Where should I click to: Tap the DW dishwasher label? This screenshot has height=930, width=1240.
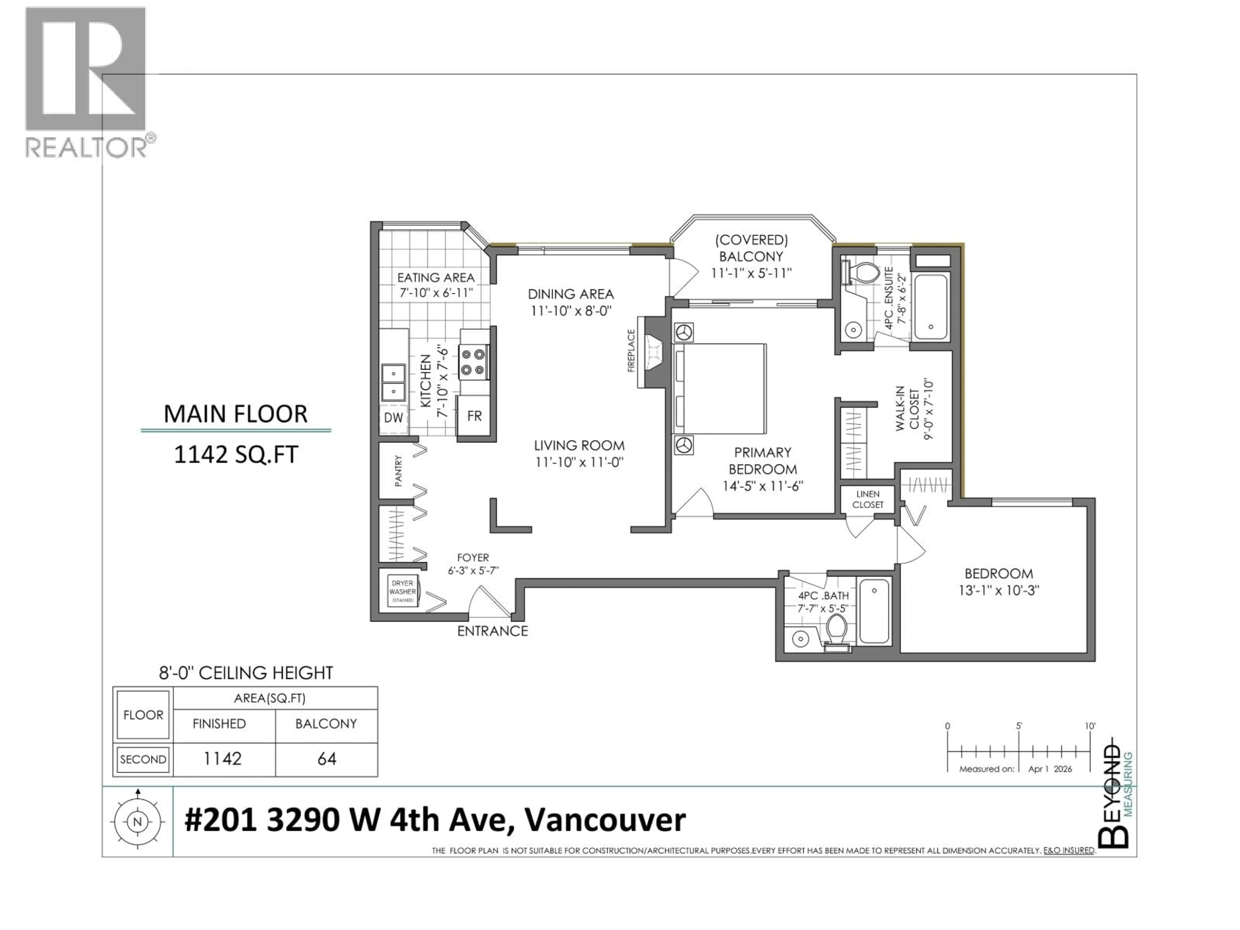(394, 417)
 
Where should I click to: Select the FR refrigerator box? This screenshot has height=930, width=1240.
(474, 416)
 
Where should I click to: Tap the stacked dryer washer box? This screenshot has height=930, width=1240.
(402, 591)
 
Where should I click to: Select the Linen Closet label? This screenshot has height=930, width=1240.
(867, 499)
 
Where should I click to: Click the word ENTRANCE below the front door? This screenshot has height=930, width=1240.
(492, 631)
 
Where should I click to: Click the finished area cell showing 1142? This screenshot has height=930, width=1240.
(222, 759)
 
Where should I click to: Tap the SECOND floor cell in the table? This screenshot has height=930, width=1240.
(143, 759)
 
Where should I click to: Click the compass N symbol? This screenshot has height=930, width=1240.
(137, 822)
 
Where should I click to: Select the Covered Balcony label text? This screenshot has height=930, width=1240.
(751, 248)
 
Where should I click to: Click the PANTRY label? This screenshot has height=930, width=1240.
(398, 471)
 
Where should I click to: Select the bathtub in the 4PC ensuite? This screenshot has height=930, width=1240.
(931, 307)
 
